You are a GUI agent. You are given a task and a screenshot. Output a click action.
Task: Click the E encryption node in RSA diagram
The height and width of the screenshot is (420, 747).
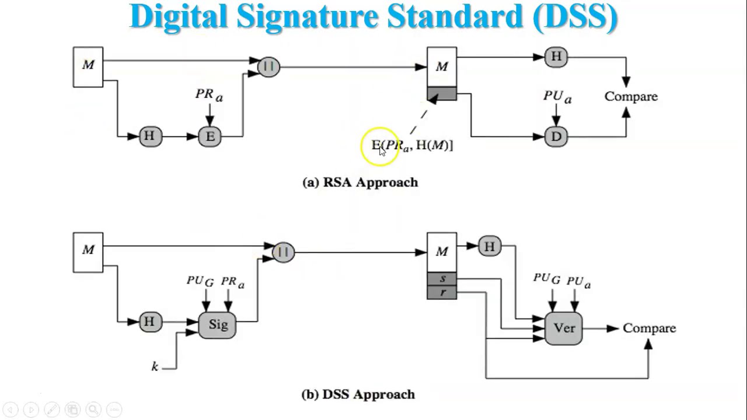[x=210, y=136]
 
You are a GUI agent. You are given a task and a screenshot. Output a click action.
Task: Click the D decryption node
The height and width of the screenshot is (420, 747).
[x=556, y=136]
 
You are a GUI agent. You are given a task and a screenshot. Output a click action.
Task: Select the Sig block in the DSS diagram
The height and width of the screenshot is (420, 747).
[x=218, y=324]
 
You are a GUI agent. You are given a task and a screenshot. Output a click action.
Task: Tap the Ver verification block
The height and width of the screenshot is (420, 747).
[x=564, y=328]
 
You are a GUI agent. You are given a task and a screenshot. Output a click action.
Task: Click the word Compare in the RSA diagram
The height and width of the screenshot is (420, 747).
[x=631, y=96]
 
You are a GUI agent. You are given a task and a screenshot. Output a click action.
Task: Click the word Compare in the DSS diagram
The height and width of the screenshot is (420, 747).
[x=649, y=328]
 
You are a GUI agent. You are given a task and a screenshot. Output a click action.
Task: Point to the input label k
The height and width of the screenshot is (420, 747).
[x=155, y=366]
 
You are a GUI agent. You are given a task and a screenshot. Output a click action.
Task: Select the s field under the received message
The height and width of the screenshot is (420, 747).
[x=442, y=279]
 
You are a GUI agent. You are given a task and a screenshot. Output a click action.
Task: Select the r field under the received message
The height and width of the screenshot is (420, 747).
[x=442, y=292]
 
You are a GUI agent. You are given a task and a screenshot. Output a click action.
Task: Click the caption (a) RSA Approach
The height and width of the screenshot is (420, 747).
[x=360, y=182]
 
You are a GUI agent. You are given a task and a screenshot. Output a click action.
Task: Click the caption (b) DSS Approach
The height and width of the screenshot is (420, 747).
[x=358, y=394]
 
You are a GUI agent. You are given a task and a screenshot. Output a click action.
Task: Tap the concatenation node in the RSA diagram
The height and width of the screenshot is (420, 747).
[x=268, y=66]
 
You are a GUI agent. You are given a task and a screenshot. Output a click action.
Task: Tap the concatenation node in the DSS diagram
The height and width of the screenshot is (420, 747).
[x=284, y=252]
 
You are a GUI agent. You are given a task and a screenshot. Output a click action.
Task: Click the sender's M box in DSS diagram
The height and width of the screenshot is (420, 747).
[x=88, y=251]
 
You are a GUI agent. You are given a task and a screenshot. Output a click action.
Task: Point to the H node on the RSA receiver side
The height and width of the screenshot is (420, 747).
[x=556, y=57]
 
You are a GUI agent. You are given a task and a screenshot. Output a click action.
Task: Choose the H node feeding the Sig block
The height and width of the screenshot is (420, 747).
[x=150, y=321]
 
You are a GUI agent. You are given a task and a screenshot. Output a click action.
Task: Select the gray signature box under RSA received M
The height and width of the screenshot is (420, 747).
[x=442, y=93]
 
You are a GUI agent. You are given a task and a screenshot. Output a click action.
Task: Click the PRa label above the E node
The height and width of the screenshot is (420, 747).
[x=209, y=94]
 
